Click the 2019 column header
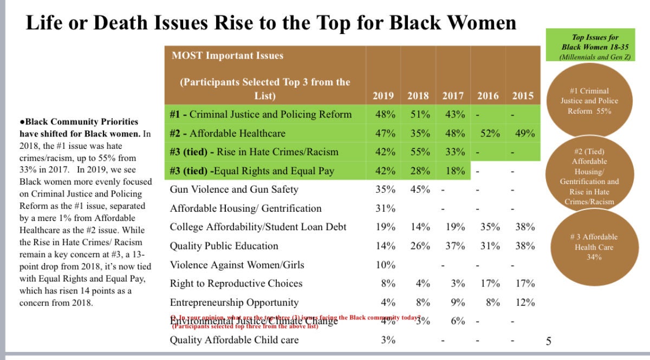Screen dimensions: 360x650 click(383, 96)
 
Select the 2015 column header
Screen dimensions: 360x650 click(523, 96)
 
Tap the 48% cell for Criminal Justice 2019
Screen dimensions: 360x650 click(383, 115)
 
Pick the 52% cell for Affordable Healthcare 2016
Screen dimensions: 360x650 click(489, 133)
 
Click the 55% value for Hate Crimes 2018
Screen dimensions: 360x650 click(419, 152)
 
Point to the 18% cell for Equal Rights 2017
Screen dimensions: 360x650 click(454, 171)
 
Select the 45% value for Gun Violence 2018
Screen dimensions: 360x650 click(419, 189)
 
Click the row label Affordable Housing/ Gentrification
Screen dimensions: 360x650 click(245, 208)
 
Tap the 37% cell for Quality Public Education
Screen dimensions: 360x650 click(454, 246)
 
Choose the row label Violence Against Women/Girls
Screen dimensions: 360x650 click(237, 265)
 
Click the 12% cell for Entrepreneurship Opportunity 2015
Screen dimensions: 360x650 click(525, 302)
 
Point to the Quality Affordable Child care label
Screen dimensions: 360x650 click(234, 340)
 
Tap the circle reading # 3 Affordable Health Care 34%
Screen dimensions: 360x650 click(593, 246)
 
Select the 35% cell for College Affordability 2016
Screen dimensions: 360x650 click(489, 227)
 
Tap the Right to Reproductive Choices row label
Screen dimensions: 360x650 click(236, 284)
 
